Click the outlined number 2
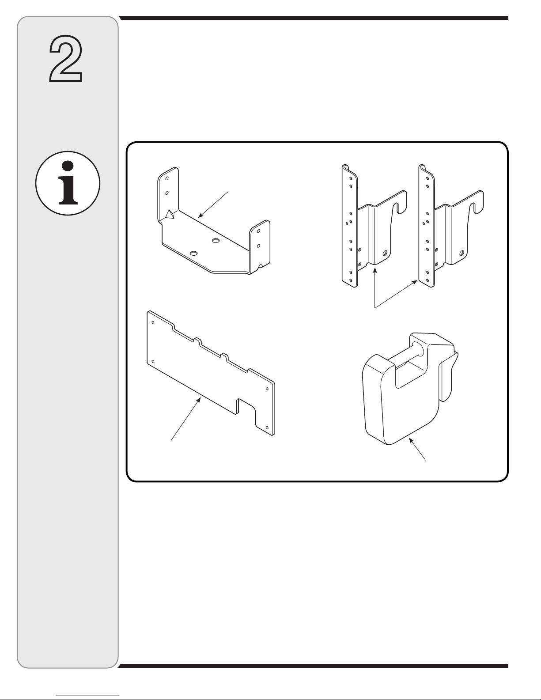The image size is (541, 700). (x=66, y=58)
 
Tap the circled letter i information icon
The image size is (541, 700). (x=68, y=183)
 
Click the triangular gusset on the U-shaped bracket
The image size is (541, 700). (x=170, y=214)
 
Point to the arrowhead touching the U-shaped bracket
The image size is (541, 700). (x=200, y=216)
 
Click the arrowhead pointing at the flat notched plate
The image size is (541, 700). (x=199, y=400)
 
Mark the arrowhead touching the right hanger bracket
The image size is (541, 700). (x=415, y=283)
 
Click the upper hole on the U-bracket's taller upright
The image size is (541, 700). (x=167, y=178)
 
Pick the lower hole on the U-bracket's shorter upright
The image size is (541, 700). (x=258, y=246)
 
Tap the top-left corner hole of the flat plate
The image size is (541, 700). (x=153, y=322)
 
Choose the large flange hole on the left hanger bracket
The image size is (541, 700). (x=385, y=253)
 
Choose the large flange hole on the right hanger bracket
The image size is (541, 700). (x=462, y=253)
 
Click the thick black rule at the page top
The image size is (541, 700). (x=314, y=18)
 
